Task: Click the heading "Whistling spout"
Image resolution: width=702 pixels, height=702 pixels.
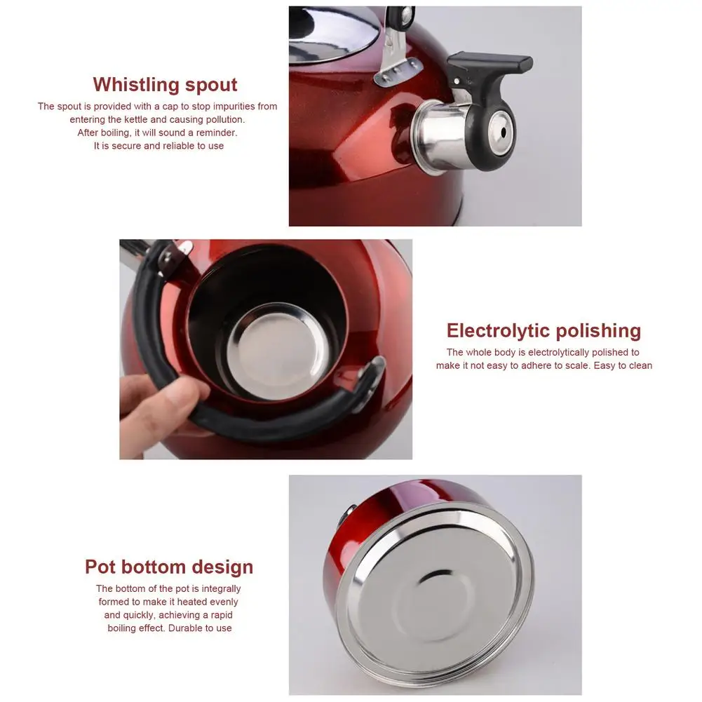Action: [166, 85]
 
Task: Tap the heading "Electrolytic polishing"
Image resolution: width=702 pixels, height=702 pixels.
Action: [544, 331]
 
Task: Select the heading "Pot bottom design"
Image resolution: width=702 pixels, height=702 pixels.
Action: [169, 567]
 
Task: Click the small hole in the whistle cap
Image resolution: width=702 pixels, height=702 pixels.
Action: [503, 133]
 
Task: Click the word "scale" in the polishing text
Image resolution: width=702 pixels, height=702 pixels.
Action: [577, 366]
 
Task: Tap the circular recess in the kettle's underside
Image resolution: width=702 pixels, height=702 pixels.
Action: [433, 596]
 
